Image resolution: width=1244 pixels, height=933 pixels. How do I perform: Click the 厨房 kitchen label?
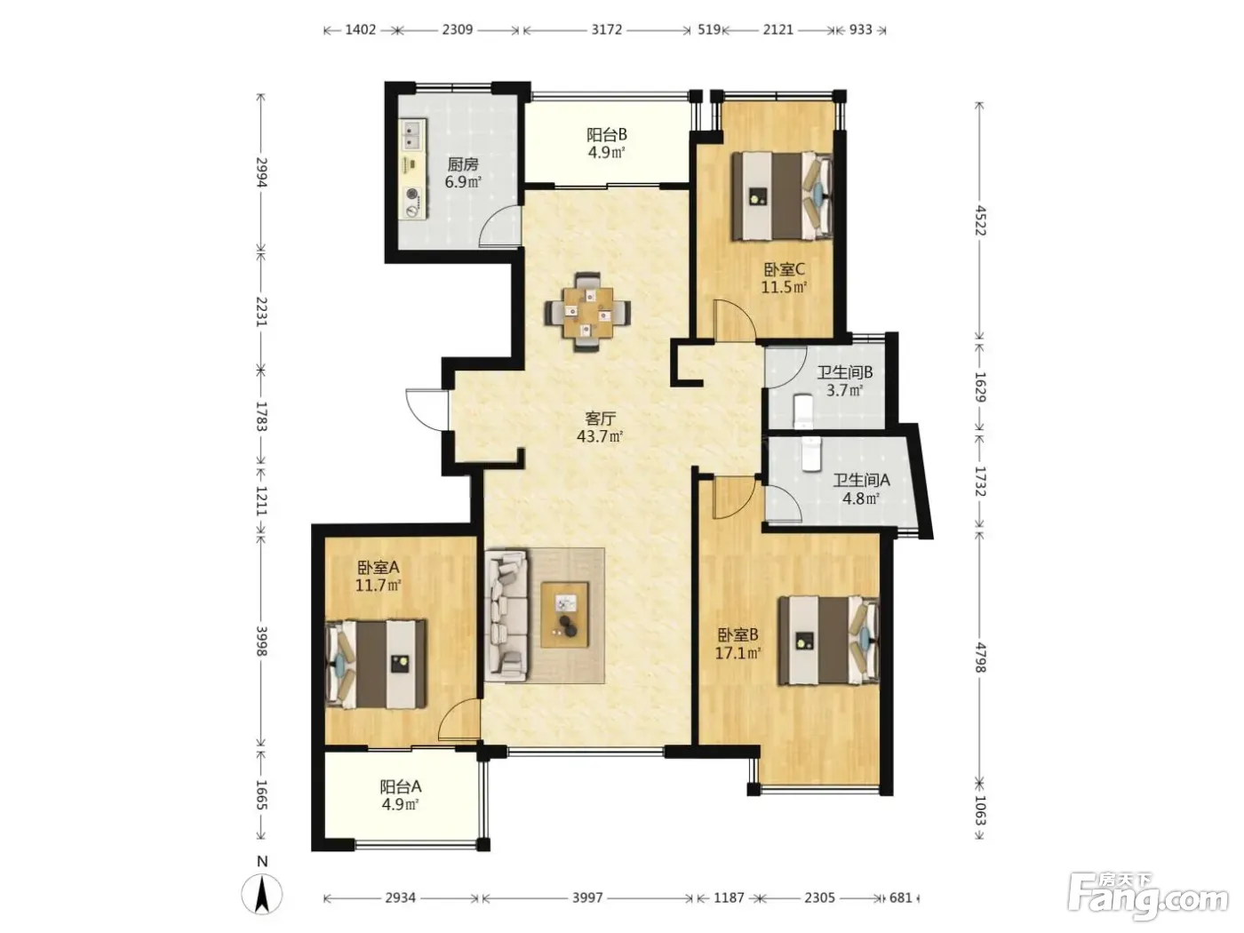click(x=462, y=164)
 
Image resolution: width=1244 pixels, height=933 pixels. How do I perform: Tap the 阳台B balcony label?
click(x=606, y=135)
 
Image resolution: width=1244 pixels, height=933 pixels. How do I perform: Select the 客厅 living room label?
click(x=600, y=419)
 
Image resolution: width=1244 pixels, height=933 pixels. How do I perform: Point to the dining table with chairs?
click(x=587, y=312)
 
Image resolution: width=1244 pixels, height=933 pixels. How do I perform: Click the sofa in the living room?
click(x=506, y=614)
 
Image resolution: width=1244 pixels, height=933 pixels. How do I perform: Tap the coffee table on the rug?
click(x=564, y=615)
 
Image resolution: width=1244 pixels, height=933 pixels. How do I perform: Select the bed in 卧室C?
click(x=782, y=196)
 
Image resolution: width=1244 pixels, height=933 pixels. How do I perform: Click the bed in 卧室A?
click(x=375, y=664)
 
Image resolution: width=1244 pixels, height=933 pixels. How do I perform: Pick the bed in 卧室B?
click(x=828, y=640)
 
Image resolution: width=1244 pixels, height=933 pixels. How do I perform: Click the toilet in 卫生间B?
click(x=803, y=411)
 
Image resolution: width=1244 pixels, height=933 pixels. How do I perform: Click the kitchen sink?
click(x=412, y=135)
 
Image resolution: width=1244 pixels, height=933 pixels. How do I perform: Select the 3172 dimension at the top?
click(x=606, y=29)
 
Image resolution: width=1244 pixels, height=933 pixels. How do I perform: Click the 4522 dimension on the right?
click(x=980, y=221)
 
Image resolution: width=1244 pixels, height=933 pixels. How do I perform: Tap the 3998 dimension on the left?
click(x=262, y=641)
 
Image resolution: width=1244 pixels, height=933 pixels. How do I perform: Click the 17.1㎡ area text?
click(x=738, y=652)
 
